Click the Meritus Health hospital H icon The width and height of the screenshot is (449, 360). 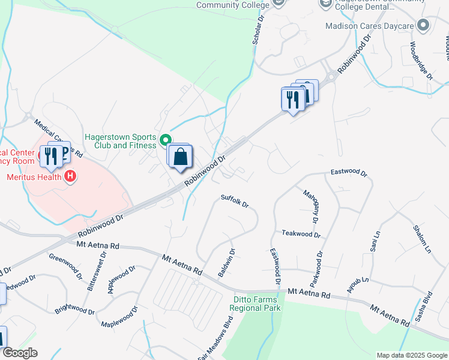(x=70, y=176)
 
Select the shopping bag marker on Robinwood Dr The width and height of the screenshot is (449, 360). (x=180, y=157)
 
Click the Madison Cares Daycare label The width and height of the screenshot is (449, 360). (x=370, y=26)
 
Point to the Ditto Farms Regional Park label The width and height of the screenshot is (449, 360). (x=256, y=304)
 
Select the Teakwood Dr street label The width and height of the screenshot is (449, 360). (x=301, y=233)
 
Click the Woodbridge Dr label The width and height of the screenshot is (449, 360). (x=421, y=61)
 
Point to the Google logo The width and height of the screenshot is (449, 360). (x=20, y=353)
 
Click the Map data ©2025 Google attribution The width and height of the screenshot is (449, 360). (x=411, y=355)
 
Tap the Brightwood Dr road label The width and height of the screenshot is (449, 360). (x=74, y=310)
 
